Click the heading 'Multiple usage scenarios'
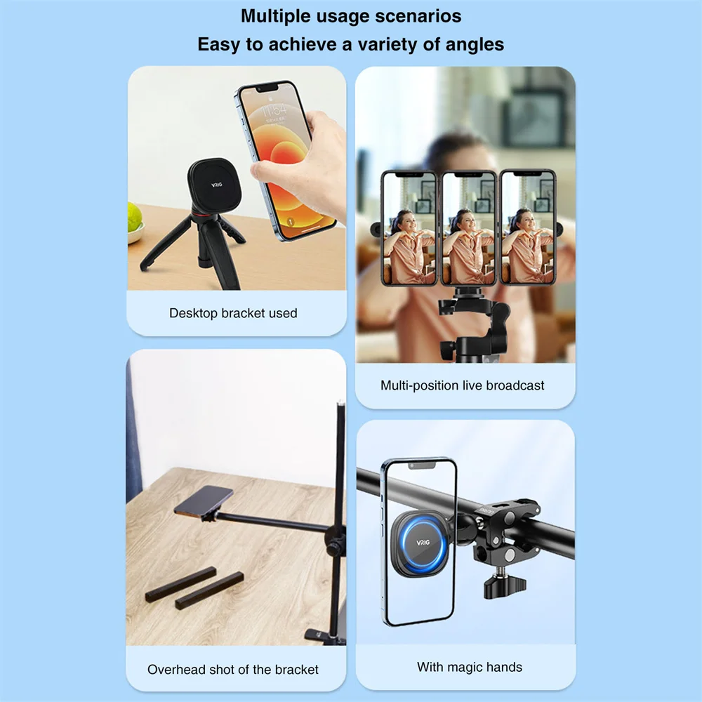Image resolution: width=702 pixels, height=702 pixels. point(351,15)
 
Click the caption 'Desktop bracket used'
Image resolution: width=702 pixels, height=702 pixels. point(233,313)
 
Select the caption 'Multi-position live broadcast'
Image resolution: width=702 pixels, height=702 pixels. point(463,385)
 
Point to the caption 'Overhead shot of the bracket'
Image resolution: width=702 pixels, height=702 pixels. point(233,670)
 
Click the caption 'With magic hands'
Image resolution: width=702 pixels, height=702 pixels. point(470,667)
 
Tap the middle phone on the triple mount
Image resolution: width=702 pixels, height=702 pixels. point(468,228)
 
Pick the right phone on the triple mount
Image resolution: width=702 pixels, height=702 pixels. point(528,228)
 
